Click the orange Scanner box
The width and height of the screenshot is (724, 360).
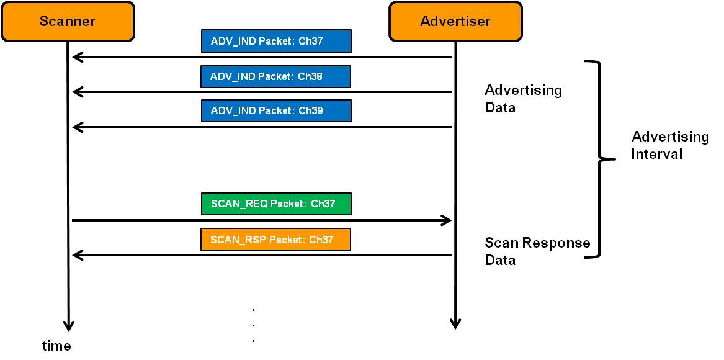click(x=68, y=22)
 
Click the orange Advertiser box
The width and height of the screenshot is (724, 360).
click(x=455, y=22)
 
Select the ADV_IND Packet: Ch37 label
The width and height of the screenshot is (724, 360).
click(x=276, y=41)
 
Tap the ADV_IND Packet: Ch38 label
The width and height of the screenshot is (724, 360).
click(x=275, y=76)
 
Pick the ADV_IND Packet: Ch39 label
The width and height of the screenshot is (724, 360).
click(x=276, y=110)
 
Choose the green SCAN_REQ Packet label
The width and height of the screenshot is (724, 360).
click(x=276, y=204)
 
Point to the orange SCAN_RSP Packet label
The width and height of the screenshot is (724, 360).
click(x=275, y=240)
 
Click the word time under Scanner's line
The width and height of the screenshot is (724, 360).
click(x=56, y=346)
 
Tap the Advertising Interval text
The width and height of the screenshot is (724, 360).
click(x=669, y=145)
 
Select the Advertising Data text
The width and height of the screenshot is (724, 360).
click(x=523, y=99)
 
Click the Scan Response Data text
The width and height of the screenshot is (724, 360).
click(x=537, y=251)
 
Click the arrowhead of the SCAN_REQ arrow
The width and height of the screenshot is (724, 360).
click(x=447, y=220)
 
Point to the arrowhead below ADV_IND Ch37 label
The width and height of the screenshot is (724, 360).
click(x=77, y=58)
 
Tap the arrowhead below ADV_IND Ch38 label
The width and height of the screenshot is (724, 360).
click(x=77, y=92)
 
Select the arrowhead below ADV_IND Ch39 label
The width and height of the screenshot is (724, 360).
click(x=77, y=127)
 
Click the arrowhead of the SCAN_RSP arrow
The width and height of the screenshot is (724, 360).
click(x=77, y=255)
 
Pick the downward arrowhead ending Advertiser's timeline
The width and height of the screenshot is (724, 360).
click(x=455, y=324)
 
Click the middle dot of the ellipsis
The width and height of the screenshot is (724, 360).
click(x=254, y=325)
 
